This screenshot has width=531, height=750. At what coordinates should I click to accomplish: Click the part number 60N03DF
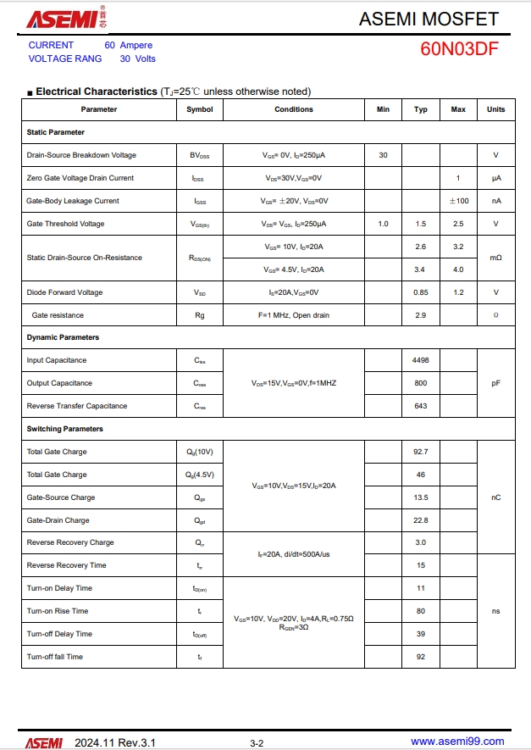pos(459,49)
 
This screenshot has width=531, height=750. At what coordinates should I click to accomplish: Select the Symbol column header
pos(200,109)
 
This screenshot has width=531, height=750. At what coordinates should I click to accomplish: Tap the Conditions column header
pos(294,109)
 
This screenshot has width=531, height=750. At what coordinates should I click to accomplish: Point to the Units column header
pos(495,109)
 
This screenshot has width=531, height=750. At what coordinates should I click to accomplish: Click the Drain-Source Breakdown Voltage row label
pos(81,155)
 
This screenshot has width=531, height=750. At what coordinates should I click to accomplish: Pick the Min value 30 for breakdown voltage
pos(383,155)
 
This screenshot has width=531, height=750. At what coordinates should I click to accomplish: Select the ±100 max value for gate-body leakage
pos(458,201)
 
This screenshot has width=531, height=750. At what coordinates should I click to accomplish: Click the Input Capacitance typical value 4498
pos(420,360)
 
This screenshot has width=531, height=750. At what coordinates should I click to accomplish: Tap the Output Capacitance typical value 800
pos(420,383)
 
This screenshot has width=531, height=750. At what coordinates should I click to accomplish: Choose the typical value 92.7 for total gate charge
pos(420,452)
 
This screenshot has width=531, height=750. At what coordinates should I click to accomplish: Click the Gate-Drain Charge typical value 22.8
pos(420,520)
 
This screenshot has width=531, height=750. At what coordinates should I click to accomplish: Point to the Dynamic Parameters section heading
pos(63,337)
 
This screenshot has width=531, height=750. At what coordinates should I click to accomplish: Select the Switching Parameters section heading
pos(65,429)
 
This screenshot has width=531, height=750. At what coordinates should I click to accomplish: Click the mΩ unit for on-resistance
pos(495,258)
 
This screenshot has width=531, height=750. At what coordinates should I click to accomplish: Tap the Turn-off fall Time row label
pos(55,657)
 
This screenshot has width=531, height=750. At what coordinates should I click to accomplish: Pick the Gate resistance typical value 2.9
pos(420,315)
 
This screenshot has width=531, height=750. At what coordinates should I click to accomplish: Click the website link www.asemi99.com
pos(457,742)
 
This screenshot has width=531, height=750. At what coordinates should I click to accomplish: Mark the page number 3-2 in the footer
pos(257,743)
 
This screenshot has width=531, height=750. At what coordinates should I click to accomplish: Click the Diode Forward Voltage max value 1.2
pos(458,292)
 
